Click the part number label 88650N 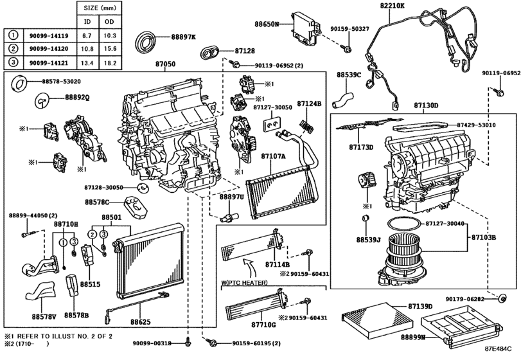[x=267, y=24]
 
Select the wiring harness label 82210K [x=393, y=5]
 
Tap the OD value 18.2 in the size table [x=110, y=63]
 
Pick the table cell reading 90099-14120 [x=49, y=49]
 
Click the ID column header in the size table [x=87, y=22]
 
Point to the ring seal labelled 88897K [x=146, y=42]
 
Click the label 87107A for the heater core [x=273, y=156]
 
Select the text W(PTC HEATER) [x=244, y=283]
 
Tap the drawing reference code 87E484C [x=498, y=348]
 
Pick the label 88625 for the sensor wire [x=140, y=322]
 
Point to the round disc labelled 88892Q [x=42, y=100]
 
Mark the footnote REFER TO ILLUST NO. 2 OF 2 [x=64, y=336]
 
